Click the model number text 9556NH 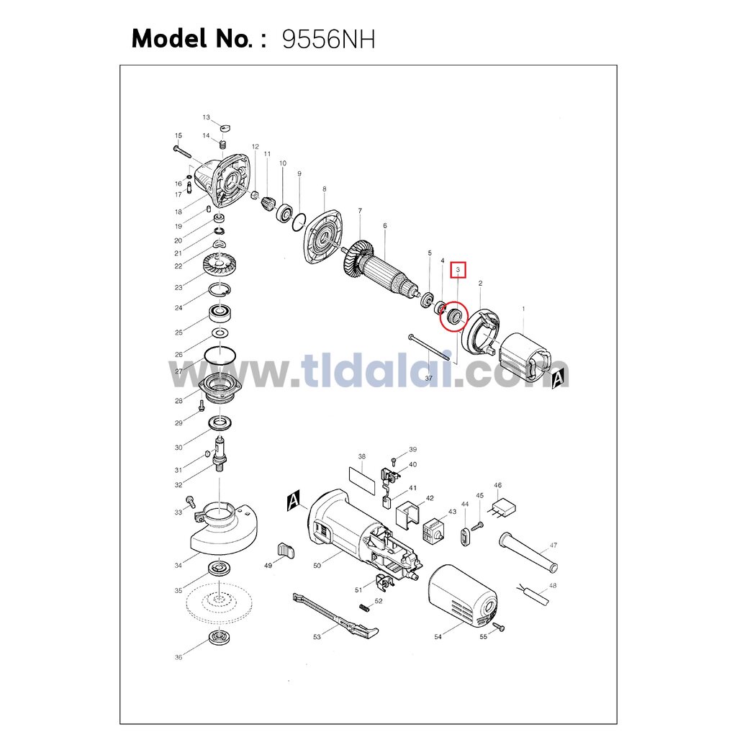coord(328,40)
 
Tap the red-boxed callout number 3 coord(458,270)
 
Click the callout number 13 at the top coord(207,117)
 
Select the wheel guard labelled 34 coord(223,530)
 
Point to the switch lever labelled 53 coord(335,616)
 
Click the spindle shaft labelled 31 coord(220,455)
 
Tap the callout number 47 coord(553,546)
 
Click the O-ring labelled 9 coord(298,222)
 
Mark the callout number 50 coord(317,566)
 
